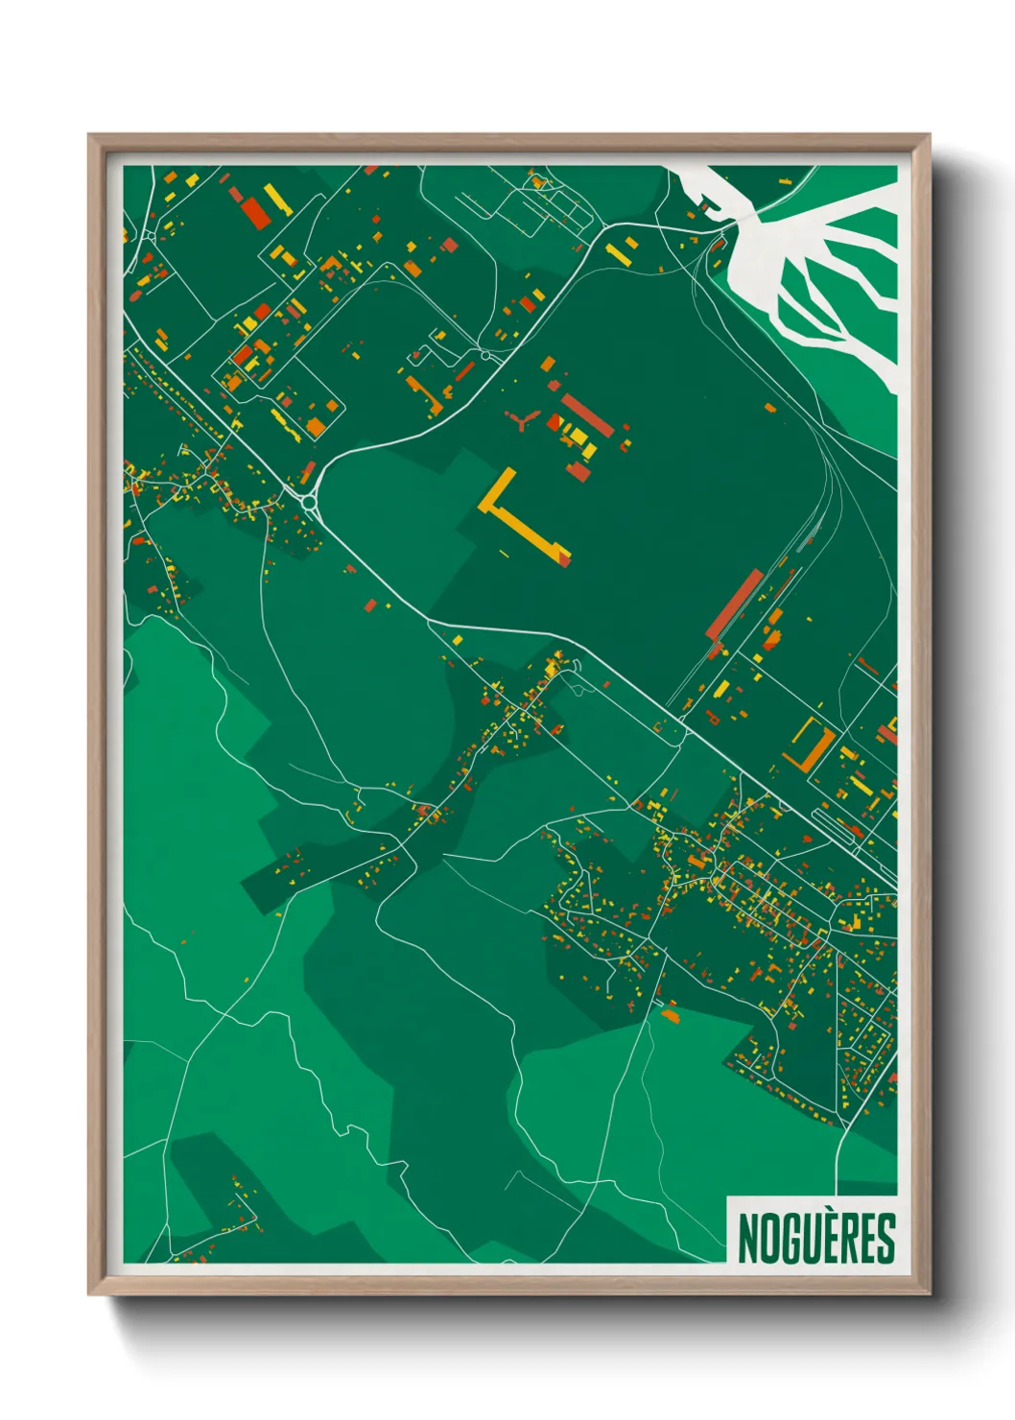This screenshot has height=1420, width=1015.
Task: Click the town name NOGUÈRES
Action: coord(816,1238)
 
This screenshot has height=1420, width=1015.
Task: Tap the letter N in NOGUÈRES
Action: coord(747,1238)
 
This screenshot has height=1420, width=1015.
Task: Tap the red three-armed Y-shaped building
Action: coord(522,419)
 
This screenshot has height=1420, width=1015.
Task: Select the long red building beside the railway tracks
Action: coord(735,603)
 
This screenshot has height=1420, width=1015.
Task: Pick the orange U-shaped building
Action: coord(812,745)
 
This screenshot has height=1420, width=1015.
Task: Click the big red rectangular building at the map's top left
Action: coord(255,212)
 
